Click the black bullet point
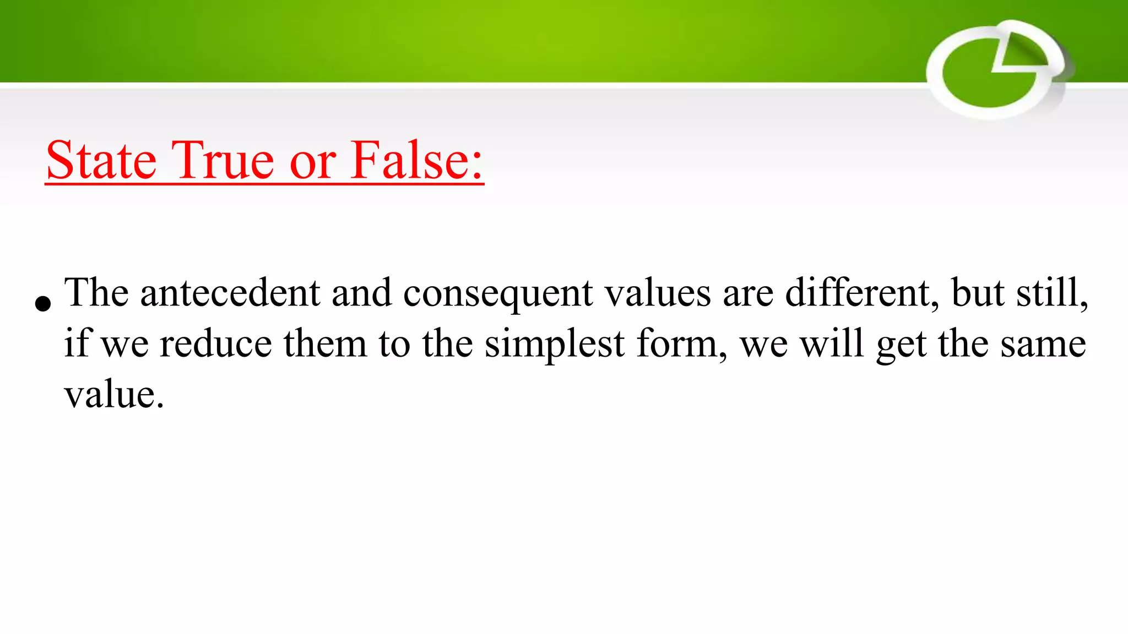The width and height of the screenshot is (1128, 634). point(42,303)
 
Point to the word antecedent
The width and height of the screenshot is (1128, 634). point(230,293)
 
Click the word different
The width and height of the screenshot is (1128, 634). point(862,293)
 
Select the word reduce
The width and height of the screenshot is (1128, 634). point(215,344)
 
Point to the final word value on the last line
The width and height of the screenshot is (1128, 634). point(113,395)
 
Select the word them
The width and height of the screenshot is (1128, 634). point(325,344)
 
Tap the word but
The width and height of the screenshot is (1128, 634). point(978,293)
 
